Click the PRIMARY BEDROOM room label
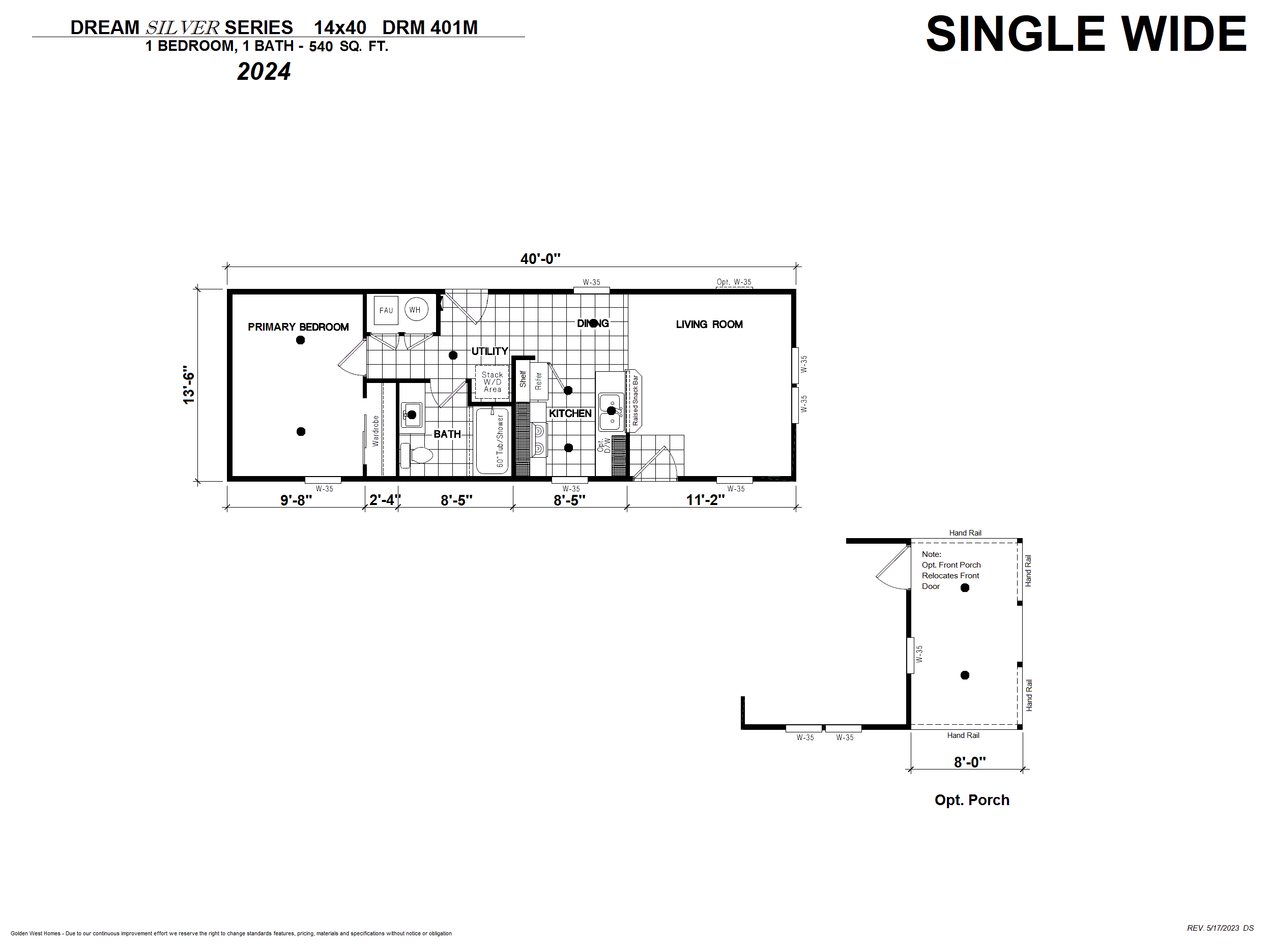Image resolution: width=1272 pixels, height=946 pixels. coord(298,327)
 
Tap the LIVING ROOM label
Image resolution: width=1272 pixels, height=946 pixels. coord(709,324)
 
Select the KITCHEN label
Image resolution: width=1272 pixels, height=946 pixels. coord(570,413)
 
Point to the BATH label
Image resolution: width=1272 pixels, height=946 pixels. coord(447,434)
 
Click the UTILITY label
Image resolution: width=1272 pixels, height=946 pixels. coord(489,351)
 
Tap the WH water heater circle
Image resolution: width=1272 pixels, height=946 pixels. coord(416,309)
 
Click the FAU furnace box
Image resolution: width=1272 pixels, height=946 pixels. coord(386,310)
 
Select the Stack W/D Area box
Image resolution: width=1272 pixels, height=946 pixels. coord(492,382)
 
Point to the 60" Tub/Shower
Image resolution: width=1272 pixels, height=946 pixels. coord(492,440)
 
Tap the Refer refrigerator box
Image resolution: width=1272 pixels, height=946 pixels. coord(538,381)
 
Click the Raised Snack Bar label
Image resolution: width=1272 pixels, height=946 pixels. coord(635,400)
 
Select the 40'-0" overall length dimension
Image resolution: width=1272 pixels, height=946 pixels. coord(540,259)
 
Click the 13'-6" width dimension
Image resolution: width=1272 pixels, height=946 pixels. coord(189,385)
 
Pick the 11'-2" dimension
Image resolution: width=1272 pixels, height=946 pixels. coord(705,500)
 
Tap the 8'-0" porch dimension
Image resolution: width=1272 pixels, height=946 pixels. coord(970,762)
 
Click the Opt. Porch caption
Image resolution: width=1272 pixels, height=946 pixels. coord(972,800)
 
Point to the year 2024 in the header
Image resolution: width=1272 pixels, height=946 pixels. coord(264,72)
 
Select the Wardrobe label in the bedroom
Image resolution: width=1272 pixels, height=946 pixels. coord(375,431)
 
